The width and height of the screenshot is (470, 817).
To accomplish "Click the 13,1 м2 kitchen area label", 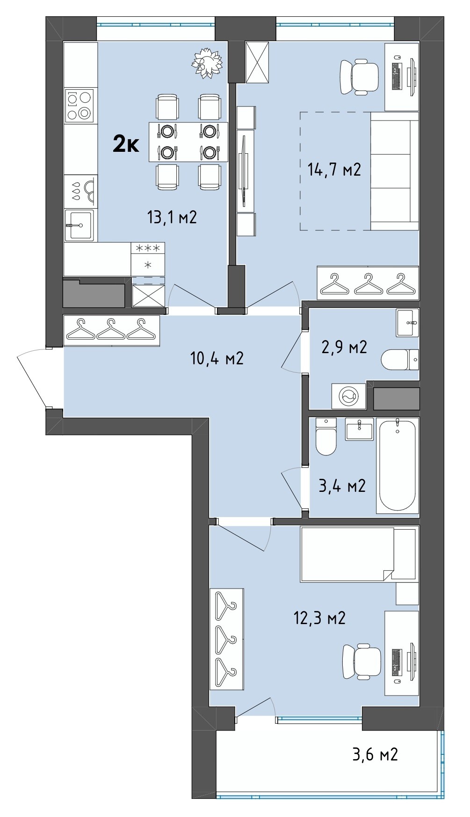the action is tap(172, 217).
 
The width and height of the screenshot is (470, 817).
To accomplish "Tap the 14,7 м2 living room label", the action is tap(334, 169).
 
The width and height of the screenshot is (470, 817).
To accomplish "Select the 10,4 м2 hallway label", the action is tap(217, 358).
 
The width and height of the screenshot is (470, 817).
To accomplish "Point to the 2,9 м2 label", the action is tap(343, 347).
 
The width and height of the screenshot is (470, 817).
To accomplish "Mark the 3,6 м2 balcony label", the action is tap(375, 753).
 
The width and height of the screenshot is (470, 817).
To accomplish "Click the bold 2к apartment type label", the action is tap(126, 145).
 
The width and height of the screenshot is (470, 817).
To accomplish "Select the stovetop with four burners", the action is tap(79, 106).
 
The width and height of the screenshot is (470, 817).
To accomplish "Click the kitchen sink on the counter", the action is tap(79, 225).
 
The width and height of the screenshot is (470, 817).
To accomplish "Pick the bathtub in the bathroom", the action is tap(397, 465).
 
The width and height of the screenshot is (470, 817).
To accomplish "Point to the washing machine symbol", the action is tap(349, 397).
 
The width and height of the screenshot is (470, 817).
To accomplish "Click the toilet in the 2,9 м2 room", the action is tap(400, 360).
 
